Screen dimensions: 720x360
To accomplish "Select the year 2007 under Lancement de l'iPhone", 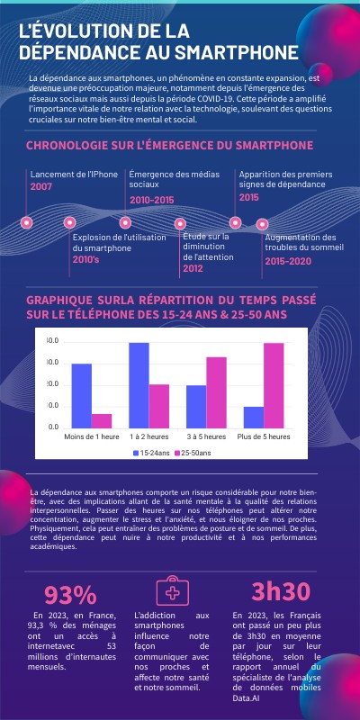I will (x=41, y=186).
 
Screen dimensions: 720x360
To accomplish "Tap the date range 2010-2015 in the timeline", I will (x=152, y=199).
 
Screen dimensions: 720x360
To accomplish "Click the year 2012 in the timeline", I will (x=193, y=268).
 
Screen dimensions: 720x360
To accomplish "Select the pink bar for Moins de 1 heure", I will (x=102, y=419).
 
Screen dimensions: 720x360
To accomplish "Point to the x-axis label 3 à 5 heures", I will (x=206, y=436).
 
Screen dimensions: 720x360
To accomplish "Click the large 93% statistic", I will (x=70, y=595).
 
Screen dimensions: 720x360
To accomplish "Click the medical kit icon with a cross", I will (x=171, y=591).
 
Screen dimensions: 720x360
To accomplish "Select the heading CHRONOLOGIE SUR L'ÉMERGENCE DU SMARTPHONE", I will (x=169, y=145).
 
